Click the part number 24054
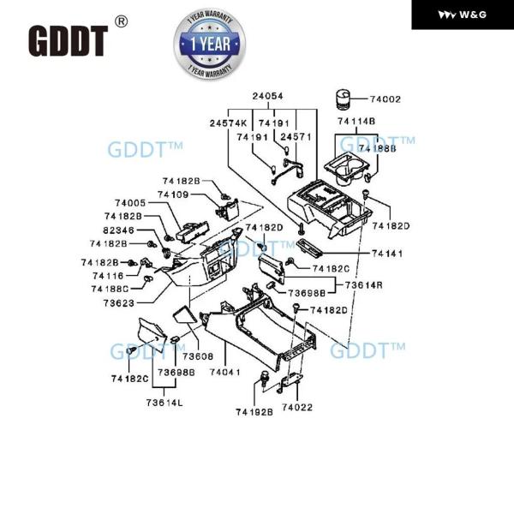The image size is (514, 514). pyautogui.click(x=267, y=97)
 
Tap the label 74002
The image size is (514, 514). pyautogui.click(x=385, y=100)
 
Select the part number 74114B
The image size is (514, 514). pyautogui.click(x=356, y=122)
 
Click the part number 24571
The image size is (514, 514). pyautogui.click(x=296, y=136)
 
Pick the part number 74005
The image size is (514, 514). pyautogui.click(x=130, y=203)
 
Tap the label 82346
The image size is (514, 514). pyautogui.click(x=121, y=230)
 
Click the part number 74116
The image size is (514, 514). pyautogui.click(x=109, y=276)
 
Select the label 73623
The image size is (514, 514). pyautogui.click(x=120, y=303)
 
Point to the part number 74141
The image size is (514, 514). pyautogui.click(x=389, y=254)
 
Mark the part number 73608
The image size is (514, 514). pyautogui.click(x=197, y=356)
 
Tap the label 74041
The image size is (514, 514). pyautogui.click(x=225, y=373)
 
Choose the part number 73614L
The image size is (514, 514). pyautogui.click(x=164, y=402)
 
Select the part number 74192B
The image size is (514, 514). pyautogui.click(x=254, y=412)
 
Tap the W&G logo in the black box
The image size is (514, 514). pyautogui.click(x=463, y=15)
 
